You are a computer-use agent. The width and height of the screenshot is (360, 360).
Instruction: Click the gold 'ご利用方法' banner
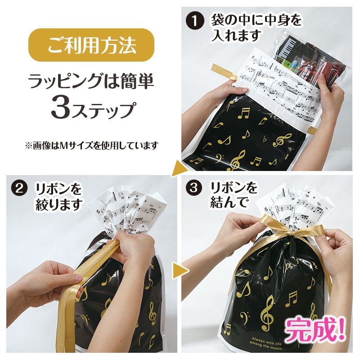[x=91, y=45]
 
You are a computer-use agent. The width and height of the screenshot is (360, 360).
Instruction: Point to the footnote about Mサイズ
[x=91, y=145]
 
